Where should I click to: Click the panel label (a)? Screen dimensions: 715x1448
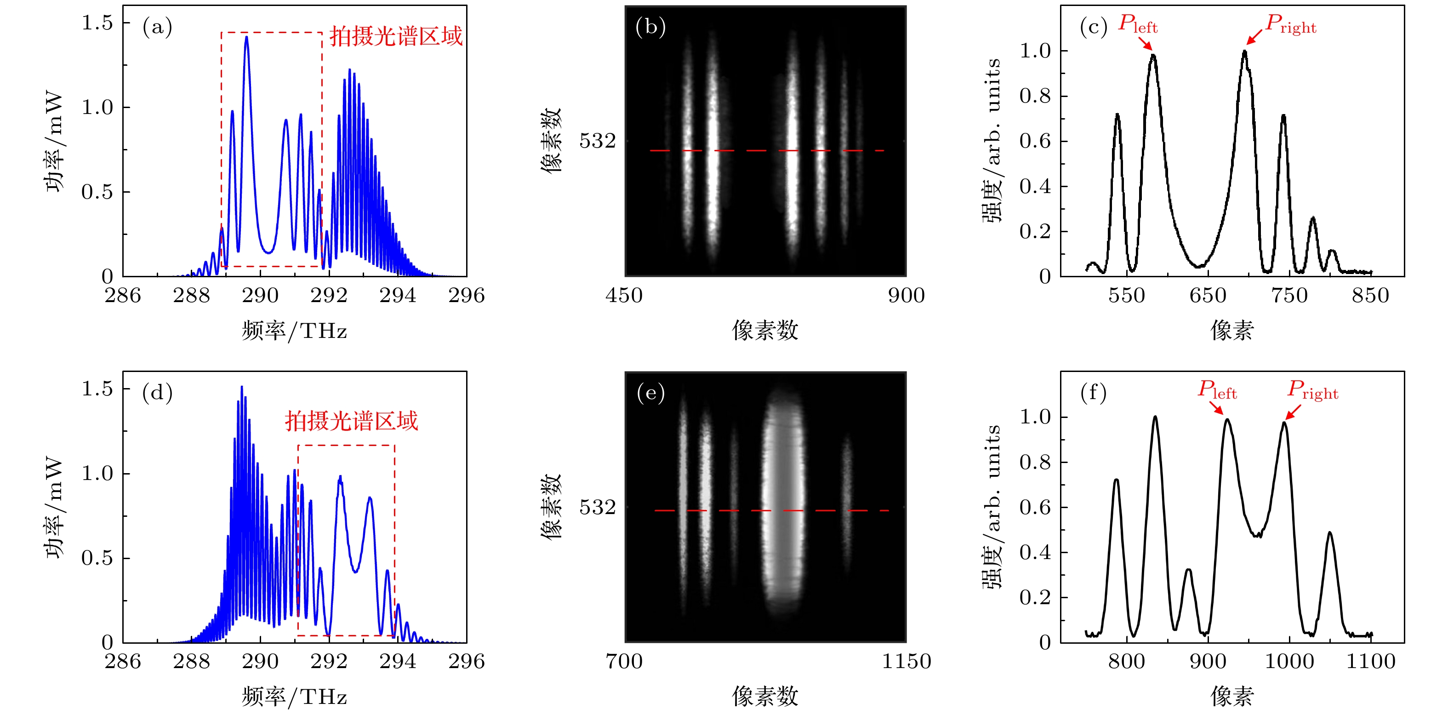coord(157,27)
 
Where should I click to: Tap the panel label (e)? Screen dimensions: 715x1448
coord(650,392)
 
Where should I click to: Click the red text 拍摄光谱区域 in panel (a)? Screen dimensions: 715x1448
coord(396,36)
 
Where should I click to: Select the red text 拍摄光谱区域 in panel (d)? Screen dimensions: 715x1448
coord(351,421)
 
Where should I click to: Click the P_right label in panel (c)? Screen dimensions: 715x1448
coord(1291,24)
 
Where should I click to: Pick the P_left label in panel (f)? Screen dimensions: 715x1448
coord(1217,389)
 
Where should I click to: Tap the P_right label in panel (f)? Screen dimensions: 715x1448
coord(1312,389)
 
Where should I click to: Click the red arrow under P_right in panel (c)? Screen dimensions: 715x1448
coord(1254,37)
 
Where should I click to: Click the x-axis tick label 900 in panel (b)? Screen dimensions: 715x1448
coord(906,296)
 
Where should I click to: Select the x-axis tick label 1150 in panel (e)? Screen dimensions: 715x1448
coord(906,662)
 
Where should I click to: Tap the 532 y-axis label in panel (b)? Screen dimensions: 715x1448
coord(598,141)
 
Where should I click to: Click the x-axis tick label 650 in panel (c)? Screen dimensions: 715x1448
coord(1208,296)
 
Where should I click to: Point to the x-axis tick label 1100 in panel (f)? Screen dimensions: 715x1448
coord(1370,662)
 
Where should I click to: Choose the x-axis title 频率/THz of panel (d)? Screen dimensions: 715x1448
coord(294,697)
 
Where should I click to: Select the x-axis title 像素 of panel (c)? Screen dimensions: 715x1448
coord(1231,331)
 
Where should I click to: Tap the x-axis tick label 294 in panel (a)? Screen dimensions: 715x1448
coord(398,296)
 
